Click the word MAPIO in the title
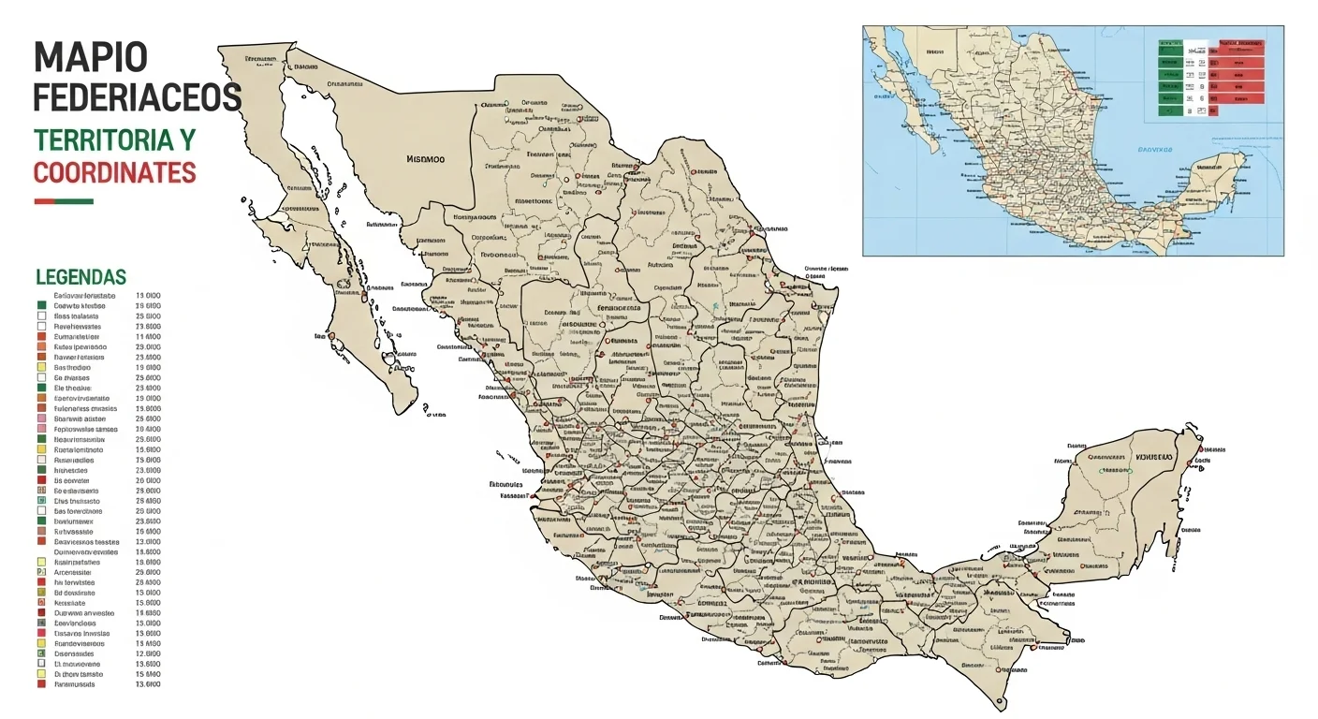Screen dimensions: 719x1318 pos(91,58)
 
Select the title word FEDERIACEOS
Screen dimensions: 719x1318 pos(138,97)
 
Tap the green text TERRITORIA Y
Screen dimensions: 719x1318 pos(114,140)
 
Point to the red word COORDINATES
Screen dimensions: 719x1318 pos(114,173)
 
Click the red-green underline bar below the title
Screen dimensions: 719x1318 pos(64,201)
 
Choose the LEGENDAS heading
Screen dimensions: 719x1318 pos(81,277)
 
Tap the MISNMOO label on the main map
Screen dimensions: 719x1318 pos(426,159)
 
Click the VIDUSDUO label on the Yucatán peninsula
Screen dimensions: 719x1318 pos(1153,456)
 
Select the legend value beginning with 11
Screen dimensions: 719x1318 pos(148,337)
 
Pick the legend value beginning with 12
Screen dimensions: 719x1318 pos(148,653)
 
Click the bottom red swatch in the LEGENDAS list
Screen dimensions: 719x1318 pos(41,684)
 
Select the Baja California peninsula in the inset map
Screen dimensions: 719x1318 pos(913,103)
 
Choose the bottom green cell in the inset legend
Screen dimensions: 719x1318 pos(1168,110)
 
